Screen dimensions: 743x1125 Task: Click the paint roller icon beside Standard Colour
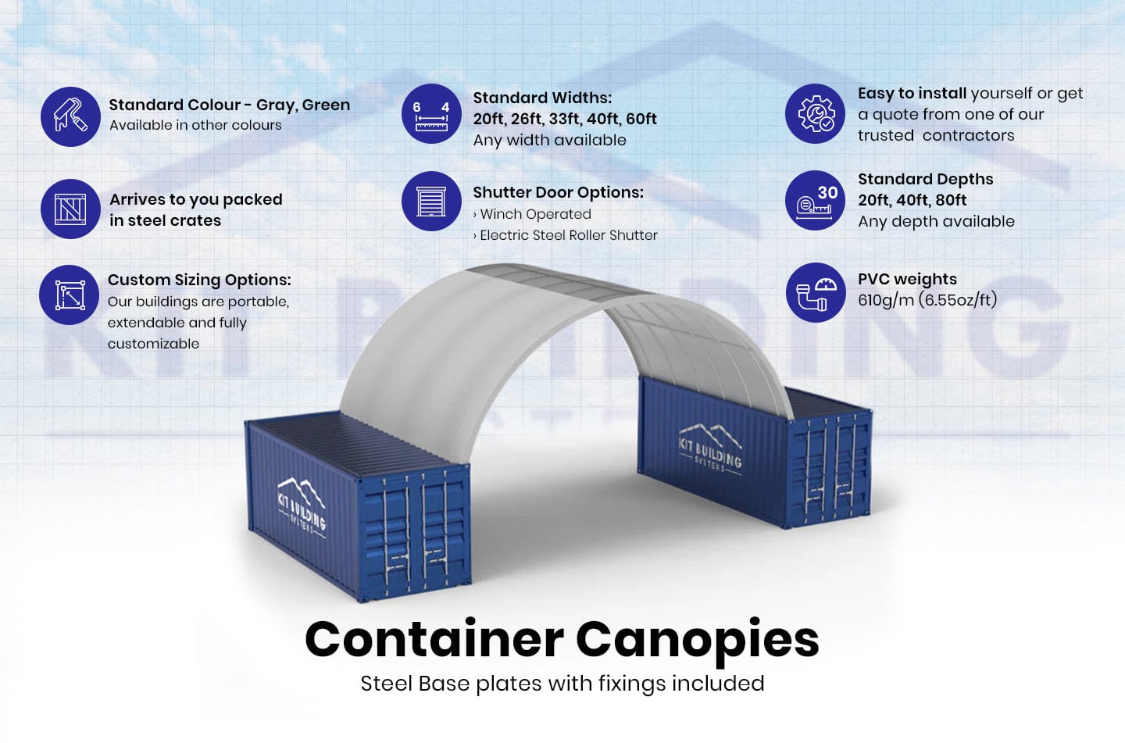point(70,116)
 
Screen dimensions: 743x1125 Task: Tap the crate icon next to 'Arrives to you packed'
point(70,209)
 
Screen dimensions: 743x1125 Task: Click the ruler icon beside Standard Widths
point(431,114)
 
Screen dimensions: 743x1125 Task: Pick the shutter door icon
point(431,202)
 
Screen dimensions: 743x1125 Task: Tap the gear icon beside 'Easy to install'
point(816,114)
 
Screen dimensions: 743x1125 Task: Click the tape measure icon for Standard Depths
point(816,201)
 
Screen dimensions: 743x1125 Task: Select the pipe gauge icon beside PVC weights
point(816,292)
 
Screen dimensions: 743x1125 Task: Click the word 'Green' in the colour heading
point(326,105)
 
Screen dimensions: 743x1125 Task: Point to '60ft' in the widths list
point(641,120)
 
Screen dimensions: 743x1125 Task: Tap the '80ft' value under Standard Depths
point(951,201)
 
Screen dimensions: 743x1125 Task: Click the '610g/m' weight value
point(885,301)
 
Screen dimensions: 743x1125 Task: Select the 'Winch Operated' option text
point(535,215)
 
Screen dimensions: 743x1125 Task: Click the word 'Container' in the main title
point(434,641)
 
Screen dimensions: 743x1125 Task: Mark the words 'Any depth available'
point(936,222)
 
